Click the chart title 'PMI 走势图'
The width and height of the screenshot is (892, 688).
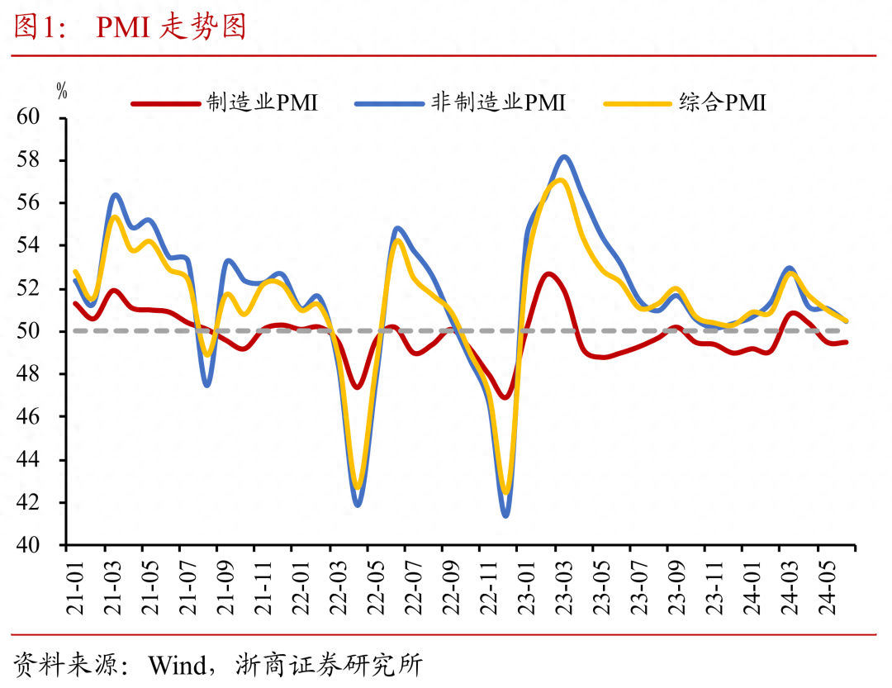[171, 27]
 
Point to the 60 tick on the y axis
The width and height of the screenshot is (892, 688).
[40, 117]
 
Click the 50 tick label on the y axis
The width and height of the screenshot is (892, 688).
[40, 331]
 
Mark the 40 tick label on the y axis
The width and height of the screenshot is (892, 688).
[40, 545]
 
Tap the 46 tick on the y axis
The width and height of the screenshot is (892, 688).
[40, 417]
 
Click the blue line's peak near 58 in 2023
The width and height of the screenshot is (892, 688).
[564, 156]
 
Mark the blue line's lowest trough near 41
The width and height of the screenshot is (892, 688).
[505, 515]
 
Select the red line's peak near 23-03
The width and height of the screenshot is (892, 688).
[548, 273]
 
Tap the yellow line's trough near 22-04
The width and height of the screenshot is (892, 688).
[358, 489]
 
